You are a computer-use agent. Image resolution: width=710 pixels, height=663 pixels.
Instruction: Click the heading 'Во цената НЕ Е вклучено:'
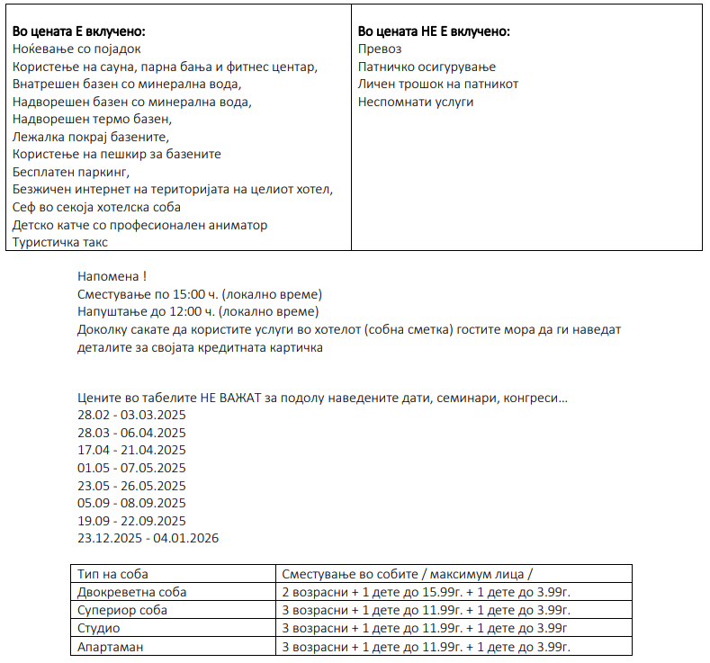pos(434,31)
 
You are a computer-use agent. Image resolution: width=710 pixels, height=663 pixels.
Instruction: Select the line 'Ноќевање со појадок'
pos(76,49)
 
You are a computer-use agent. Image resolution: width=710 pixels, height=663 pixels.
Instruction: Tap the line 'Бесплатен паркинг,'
pos(71,171)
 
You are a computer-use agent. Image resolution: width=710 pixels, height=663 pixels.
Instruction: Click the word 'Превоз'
pos(380,49)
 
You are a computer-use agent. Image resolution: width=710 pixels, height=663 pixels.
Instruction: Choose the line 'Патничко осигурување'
pos(427,67)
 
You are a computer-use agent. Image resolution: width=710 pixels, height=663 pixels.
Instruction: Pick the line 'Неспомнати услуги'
pos(416,102)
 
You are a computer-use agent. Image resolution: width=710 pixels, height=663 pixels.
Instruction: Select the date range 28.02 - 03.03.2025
pos(131,415)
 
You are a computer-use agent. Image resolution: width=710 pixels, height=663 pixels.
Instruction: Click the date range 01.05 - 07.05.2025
pos(131,468)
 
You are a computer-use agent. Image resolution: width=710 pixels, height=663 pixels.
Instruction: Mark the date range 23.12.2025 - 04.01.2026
pos(148,538)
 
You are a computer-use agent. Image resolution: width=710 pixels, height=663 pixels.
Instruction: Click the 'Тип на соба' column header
pos(112,574)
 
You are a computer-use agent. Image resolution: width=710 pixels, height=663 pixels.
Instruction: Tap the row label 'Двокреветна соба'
pos(132,592)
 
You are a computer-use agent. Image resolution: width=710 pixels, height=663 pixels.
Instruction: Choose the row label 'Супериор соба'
pos(122,610)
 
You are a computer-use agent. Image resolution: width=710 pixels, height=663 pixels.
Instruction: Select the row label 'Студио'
pos(99,628)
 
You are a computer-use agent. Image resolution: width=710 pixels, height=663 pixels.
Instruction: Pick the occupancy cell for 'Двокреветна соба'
pos(427,592)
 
